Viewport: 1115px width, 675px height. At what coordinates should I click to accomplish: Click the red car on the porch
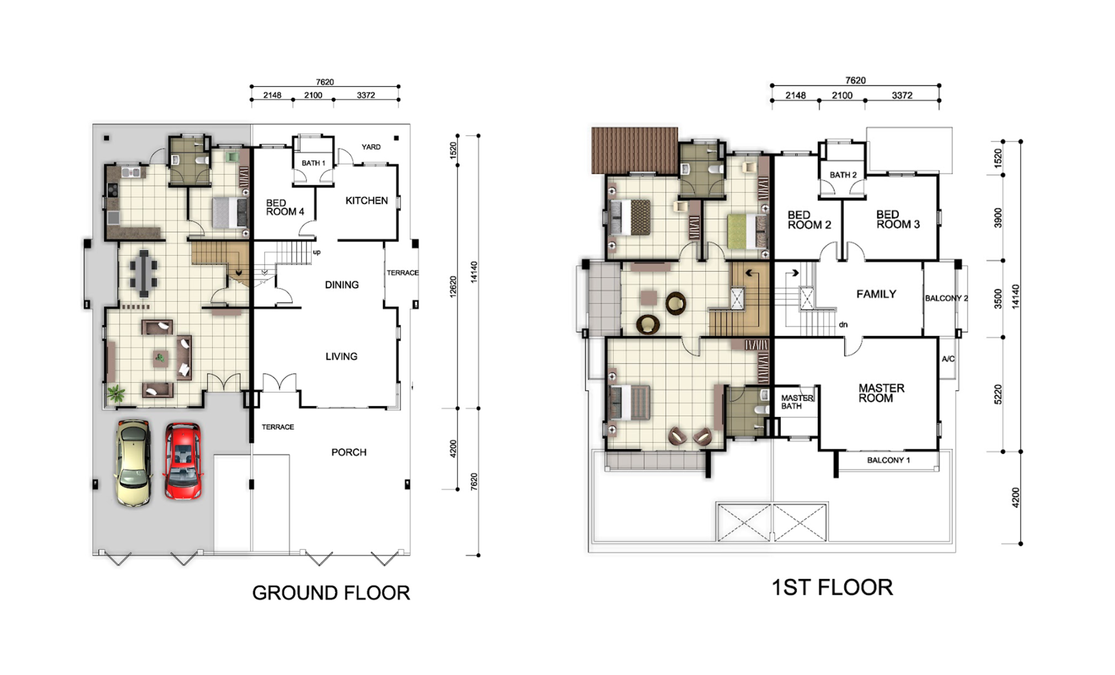coord(183,461)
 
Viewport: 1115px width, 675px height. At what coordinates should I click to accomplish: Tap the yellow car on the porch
coord(133,462)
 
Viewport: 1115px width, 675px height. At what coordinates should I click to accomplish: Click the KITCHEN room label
coord(367,200)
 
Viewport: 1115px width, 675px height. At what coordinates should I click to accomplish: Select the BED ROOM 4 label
coord(285,207)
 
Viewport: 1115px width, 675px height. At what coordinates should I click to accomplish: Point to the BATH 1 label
coord(314,163)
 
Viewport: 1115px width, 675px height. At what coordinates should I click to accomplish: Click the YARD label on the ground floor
coord(371,147)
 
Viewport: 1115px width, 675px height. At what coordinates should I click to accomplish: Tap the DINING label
coord(341,284)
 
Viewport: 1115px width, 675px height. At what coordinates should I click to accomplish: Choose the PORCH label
coord(349,452)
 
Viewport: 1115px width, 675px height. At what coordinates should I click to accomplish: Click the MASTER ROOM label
coord(881,393)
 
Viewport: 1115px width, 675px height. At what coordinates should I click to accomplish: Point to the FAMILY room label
coord(876,294)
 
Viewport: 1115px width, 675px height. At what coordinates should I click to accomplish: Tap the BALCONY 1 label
coord(888,460)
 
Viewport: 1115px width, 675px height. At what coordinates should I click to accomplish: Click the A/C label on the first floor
coord(948,359)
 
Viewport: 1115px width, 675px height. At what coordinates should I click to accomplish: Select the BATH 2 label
coord(843,175)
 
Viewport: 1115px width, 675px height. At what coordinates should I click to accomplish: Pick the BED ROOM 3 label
coord(898,219)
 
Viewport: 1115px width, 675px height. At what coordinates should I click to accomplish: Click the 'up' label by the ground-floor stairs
coord(317,253)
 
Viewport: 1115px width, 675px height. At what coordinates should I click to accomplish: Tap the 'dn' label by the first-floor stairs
coord(843,324)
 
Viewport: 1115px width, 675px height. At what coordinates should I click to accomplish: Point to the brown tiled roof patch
coord(635,150)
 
